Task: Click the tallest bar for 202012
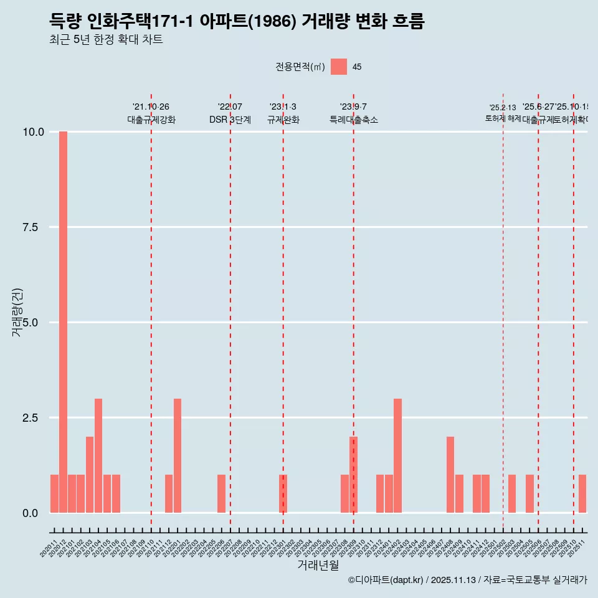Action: [x=63, y=322]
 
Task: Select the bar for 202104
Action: [x=98, y=455]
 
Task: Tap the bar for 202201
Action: [x=178, y=455]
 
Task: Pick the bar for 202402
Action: [x=397, y=455]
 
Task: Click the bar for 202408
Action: [x=450, y=475]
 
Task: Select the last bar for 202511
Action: [x=582, y=493]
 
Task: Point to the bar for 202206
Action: [x=221, y=493]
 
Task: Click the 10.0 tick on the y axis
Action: [x=33, y=132]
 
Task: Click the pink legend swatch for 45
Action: [x=339, y=67]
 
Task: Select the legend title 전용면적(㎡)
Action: [x=300, y=67]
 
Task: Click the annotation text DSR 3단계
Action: [x=230, y=120]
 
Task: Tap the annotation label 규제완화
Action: [x=283, y=120]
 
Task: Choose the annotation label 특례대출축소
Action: [x=354, y=120]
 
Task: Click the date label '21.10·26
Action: [x=151, y=107]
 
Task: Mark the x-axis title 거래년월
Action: [x=318, y=565]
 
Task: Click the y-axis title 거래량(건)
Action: [x=17, y=312]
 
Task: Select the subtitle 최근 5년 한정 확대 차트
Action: [x=106, y=40]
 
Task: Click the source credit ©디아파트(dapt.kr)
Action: [x=386, y=580]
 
